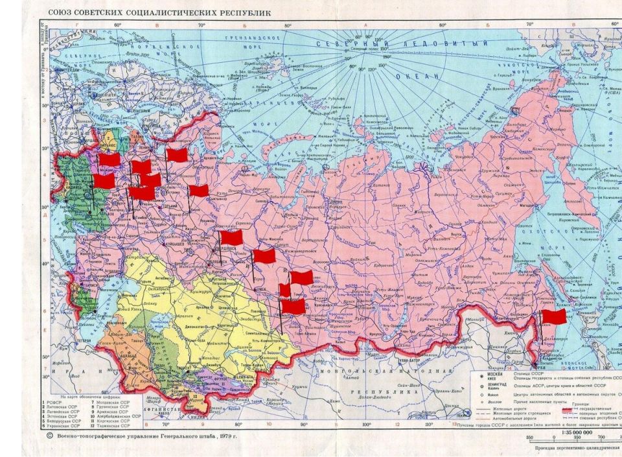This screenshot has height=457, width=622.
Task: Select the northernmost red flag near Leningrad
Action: [x=176, y=155]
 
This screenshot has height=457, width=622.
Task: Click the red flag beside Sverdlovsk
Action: [x=231, y=237]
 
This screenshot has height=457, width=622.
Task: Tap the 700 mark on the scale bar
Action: [x=590, y=439]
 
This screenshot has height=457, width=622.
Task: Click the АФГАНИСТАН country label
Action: [x=159, y=410]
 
